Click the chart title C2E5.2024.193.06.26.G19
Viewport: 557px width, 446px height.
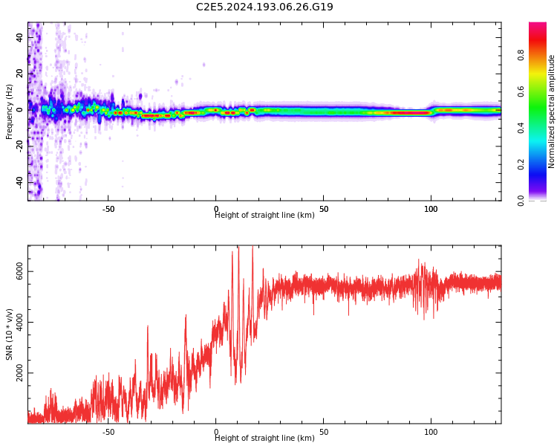(264, 7)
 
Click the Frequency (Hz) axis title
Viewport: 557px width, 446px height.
(9, 111)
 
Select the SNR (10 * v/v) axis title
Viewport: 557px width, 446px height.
(9, 334)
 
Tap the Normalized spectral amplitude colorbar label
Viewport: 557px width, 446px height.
(551, 111)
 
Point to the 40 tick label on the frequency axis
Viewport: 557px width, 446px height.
(19, 37)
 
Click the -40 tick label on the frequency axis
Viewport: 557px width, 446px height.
(19, 183)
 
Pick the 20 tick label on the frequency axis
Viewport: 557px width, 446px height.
(19, 74)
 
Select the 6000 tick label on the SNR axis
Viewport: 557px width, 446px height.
(19, 271)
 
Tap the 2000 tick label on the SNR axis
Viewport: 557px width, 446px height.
(19, 372)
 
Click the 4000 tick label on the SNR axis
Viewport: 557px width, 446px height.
(19, 322)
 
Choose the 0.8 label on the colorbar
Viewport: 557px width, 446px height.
(521, 55)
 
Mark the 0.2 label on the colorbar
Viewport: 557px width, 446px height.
(521, 164)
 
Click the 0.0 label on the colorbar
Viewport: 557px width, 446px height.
(521, 201)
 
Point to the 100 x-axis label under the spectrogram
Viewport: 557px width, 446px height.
(431, 209)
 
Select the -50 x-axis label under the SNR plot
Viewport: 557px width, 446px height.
(108, 432)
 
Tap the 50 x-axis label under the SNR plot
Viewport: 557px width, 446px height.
(324, 432)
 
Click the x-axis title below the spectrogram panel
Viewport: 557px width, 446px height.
(264, 215)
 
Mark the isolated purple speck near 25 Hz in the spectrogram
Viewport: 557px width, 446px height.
(204, 65)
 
